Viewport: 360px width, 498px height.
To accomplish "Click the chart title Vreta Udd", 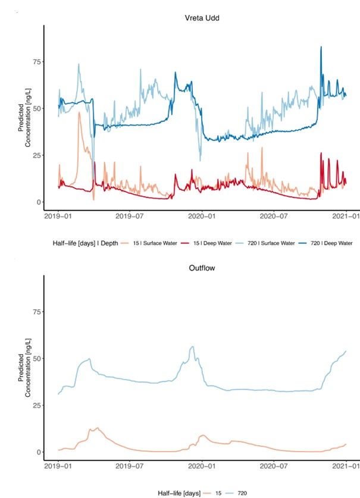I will pyautogui.click(x=199, y=17).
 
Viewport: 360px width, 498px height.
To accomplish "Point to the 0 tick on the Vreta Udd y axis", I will pyautogui.click(x=39, y=202).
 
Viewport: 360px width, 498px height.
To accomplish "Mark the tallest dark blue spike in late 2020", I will pyautogui.click(x=321, y=47).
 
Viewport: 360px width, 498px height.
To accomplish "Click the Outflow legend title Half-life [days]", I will pyautogui.click(x=179, y=493).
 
